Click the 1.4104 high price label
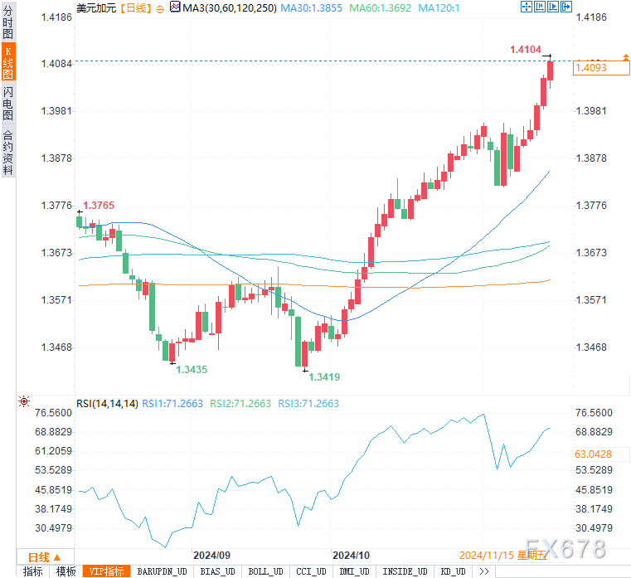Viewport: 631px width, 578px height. pos(526,51)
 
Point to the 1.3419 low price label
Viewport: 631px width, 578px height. pos(324,376)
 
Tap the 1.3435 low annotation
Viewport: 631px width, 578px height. pos(192,369)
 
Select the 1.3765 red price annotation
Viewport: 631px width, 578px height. pos(98,205)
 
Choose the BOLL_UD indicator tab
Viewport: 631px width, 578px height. pos(265,571)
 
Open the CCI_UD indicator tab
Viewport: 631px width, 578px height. pos(312,571)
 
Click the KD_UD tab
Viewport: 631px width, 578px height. pos(451,571)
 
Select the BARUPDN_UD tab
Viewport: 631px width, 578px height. pos(162,571)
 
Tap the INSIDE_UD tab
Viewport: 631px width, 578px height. pos(404,571)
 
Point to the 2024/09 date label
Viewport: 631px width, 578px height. pos(211,555)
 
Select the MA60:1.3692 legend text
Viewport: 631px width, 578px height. pos(380,7)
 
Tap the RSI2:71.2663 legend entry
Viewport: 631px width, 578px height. pos(240,404)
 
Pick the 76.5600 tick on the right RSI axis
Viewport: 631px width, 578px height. pos(593,413)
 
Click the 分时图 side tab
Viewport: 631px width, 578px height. pos(7,23)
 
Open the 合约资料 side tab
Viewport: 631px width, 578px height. pos(7,152)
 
